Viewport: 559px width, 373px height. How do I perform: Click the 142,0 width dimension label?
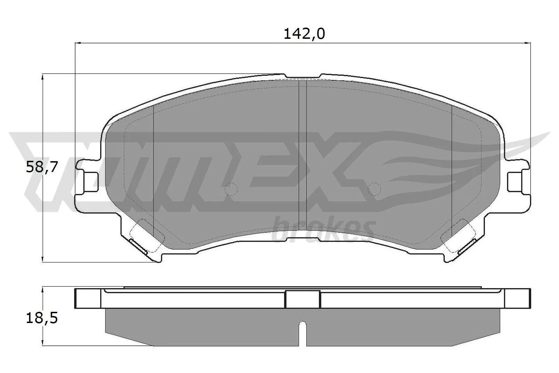click(x=304, y=34)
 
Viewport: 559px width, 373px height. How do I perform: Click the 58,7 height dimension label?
click(x=42, y=168)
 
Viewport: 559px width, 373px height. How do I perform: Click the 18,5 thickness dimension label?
click(x=42, y=318)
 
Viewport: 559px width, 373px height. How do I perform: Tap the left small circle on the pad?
click(x=231, y=189)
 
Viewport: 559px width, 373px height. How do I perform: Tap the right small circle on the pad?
click(x=374, y=189)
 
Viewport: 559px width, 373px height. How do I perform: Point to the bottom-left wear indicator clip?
click(x=138, y=246)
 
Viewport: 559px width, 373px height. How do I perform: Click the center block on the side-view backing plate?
click(x=303, y=299)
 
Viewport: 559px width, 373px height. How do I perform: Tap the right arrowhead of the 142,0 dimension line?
click(x=528, y=43)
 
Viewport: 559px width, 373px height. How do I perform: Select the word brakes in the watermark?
click(x=323, y=231)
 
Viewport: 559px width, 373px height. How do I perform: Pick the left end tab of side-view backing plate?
click(x=88, y=299)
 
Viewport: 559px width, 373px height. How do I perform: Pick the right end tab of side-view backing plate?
click(x=517, y=299)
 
